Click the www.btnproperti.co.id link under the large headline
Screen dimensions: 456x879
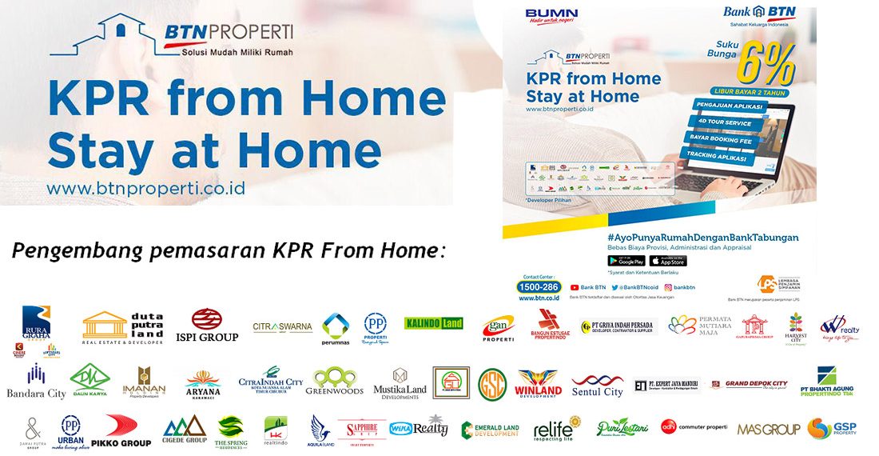tap(145, 189)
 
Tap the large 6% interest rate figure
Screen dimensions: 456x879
tap(765, 63)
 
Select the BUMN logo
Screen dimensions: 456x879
tap(551, 16)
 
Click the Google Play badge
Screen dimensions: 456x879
tap(626, 261)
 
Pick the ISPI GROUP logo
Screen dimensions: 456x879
tap(207, 326)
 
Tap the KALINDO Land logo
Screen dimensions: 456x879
tap(434, 323)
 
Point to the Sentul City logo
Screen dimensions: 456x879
tap(597, 385)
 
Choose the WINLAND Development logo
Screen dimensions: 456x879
tap(539, 383)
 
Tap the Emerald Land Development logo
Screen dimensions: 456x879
tap(491, 430)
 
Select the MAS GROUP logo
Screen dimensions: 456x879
tap(768, 430)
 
